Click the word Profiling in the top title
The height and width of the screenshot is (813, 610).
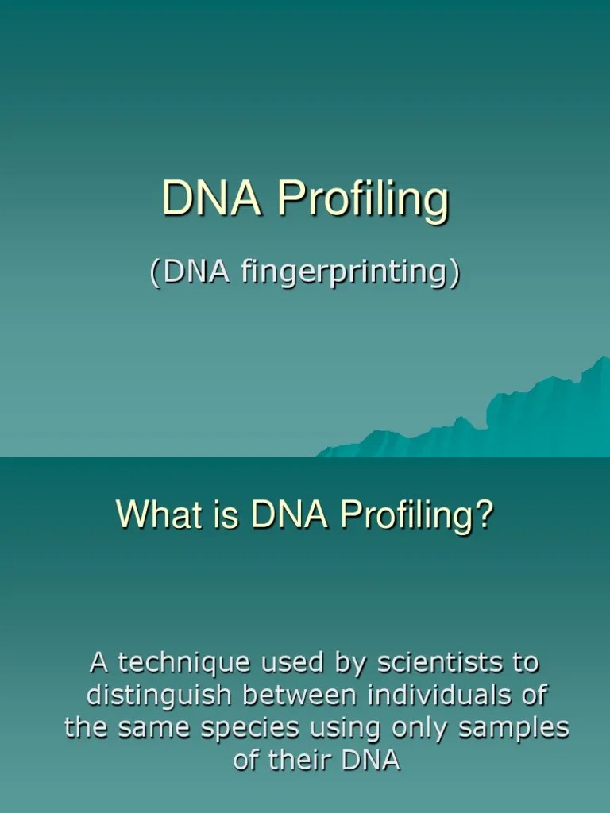pos(362,201)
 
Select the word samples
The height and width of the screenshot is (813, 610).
pos(516,729)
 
